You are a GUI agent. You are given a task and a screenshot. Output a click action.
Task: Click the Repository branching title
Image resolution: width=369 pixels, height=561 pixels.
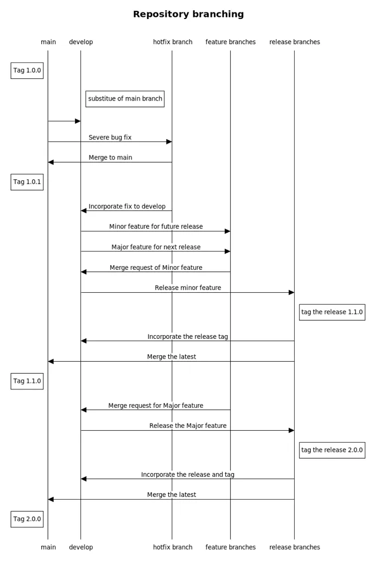(188, 14)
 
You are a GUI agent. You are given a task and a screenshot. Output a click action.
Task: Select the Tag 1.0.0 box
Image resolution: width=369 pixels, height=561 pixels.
(27, 71)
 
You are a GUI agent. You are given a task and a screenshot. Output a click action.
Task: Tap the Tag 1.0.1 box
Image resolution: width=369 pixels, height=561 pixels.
(27, 182)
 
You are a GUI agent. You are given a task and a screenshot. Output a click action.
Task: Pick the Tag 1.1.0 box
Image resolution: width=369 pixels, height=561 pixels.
(27, 381)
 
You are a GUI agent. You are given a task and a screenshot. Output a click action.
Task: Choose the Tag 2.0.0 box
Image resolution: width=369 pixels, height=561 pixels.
(27, 519)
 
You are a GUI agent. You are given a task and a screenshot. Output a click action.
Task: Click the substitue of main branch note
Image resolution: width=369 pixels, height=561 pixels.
(125, 99)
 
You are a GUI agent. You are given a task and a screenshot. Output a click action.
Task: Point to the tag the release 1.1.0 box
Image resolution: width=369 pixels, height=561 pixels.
(332, 312)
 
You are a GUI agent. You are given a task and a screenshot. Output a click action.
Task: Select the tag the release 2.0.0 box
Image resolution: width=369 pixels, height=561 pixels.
(332, 450)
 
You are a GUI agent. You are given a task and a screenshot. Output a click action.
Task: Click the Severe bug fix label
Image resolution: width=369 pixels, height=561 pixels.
(110, 137)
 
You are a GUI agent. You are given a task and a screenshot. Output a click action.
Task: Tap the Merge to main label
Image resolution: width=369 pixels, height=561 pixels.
(111, 158)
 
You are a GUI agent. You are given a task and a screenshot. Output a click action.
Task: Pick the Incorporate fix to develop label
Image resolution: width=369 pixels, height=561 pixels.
(127, 206)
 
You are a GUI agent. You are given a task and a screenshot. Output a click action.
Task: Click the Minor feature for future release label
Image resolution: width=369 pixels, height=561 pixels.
(156, 226)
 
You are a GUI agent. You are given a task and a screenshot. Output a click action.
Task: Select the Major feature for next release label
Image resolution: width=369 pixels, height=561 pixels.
(156, 247)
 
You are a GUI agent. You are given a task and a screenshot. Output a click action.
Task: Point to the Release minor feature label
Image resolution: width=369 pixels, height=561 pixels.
(188, 288)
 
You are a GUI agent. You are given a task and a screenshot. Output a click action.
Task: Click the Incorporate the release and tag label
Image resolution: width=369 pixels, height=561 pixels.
(188, 475)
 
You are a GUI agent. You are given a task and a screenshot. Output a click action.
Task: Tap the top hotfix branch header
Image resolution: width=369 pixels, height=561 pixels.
(173, 42)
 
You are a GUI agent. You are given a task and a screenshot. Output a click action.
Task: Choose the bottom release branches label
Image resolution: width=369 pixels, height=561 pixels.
(295, 547)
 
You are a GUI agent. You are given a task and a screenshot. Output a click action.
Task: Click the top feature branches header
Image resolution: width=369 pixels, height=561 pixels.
(231, 42)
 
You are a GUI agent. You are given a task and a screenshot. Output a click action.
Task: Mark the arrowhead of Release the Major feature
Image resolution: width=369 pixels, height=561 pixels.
(291, 431)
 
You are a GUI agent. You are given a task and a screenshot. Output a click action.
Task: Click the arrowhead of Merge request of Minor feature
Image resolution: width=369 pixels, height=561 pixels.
(84, 272)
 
